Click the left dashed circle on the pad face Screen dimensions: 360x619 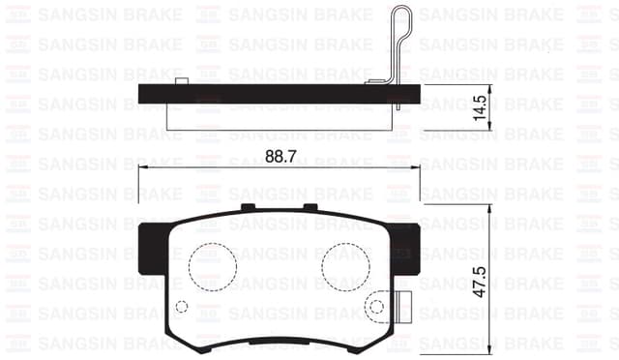[x=213, y=267]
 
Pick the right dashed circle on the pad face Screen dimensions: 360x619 [x=346, y=267]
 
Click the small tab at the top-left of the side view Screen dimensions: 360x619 [x=181, y=80]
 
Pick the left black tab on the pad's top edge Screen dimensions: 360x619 [x=247, y=207]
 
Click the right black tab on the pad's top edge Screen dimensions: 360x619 [x=309, y=207]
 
